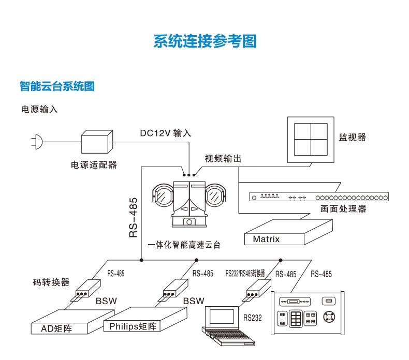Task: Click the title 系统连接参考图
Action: pyautogui.click(x=204, y=41)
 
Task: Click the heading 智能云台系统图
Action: pyautogui.click(x=57, y=86)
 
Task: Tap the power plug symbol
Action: pyautogui.click(x=36, y=141)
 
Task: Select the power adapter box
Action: pyautogui.click(x=97, y=141)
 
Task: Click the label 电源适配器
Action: pyautogui.click(x=94, y=165)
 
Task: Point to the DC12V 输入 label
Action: pyautogui.click(x=165, y=133)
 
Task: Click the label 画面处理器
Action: pyautogui.click(x=343, y=209)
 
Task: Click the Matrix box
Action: pyautogui.click(x=266, y=239)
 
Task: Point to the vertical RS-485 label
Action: pyautogui.click(x=133, y=217)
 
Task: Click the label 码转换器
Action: pyautogui.click(x=51, y=282)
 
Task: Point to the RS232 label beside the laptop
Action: pyautogui.click(x=253, y=318)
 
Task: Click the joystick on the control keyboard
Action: pyautogui.click(x=329, y=317)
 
